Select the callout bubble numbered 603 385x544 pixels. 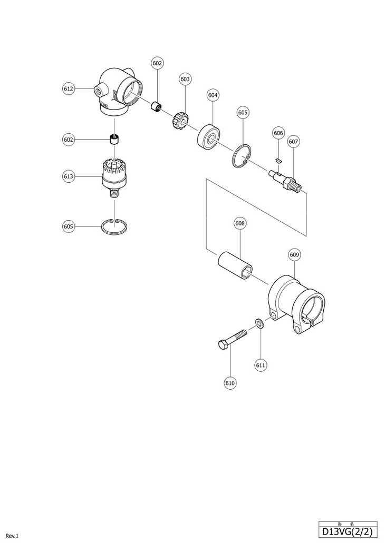tap(185, 79)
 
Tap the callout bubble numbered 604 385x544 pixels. tap(213, 95)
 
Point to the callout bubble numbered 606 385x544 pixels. tap(278, 133)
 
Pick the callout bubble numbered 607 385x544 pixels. tap(294, 141)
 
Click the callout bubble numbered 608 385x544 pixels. tap(240, 223)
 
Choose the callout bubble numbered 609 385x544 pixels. tap(294, 255)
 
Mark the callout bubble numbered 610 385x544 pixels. tap(230, 383)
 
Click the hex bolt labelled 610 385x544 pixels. tap(232, 339)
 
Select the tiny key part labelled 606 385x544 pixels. tap(280, 157)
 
